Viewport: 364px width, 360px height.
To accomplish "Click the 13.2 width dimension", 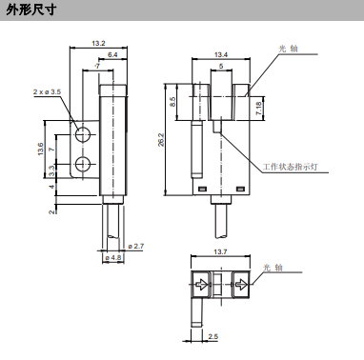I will tap(99, 43).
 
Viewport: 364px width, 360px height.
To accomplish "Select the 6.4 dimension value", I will tap(113, 55).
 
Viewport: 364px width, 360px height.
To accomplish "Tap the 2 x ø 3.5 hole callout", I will tap(47, 91).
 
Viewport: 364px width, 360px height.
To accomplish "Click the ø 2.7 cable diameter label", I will tap(135, 247).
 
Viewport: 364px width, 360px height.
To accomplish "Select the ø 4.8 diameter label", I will tap(111, 257).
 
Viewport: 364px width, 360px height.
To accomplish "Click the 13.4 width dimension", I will tap(221, 54).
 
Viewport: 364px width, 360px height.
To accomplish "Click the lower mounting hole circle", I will tap(83, 168).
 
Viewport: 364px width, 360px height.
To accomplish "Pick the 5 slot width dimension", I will tap(221, 67).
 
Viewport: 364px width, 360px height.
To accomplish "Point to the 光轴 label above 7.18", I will tap(286, 48).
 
